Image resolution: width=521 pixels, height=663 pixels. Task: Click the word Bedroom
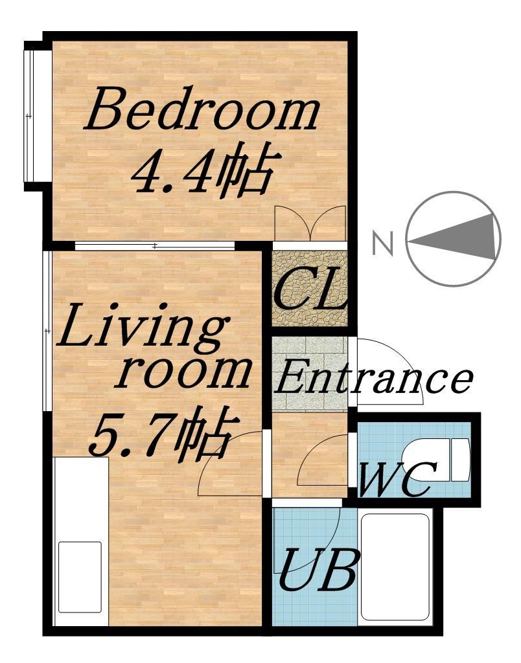tap(202, 109)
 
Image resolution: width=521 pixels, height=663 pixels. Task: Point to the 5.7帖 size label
tap(163, 433)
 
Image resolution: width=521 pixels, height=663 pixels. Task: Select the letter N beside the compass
tap(382, 243)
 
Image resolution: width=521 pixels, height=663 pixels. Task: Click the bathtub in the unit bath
tap(395, 568)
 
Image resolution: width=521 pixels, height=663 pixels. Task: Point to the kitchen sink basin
tap(80, 576)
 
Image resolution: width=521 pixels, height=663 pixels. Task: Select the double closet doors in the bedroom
tap(311, 223)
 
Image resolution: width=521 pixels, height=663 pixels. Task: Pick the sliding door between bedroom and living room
tap(156, 245)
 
